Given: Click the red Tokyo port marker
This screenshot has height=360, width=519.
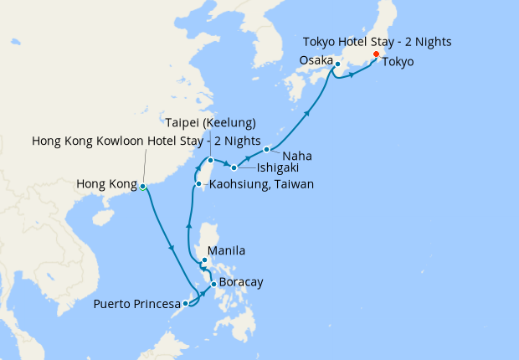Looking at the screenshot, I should pos(376,54).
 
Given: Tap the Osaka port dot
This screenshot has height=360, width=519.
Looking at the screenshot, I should pos(337,64).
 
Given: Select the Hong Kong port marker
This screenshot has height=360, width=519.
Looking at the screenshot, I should pos(142,186).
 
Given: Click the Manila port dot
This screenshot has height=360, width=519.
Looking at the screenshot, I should pos(204,260).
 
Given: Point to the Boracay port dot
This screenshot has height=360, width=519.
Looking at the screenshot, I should pos(214,284).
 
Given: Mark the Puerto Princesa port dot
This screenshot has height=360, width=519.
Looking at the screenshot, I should pos(185,303).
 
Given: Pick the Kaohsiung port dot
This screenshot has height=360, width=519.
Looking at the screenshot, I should pos(198,184).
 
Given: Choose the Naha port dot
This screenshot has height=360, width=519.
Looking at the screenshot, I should pos(266,150).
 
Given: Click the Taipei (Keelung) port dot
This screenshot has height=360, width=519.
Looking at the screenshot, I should pos(211,160).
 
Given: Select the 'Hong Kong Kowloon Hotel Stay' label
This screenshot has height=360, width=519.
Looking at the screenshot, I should pos(146,140).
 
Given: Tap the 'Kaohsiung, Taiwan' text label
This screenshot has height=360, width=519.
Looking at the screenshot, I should pos(261,184).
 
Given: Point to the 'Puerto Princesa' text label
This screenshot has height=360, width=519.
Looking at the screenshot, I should pos(136,304).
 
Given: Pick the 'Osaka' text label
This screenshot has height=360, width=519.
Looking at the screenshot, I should pos(316,59).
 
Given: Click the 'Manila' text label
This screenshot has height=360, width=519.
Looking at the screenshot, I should pos(227,250).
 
